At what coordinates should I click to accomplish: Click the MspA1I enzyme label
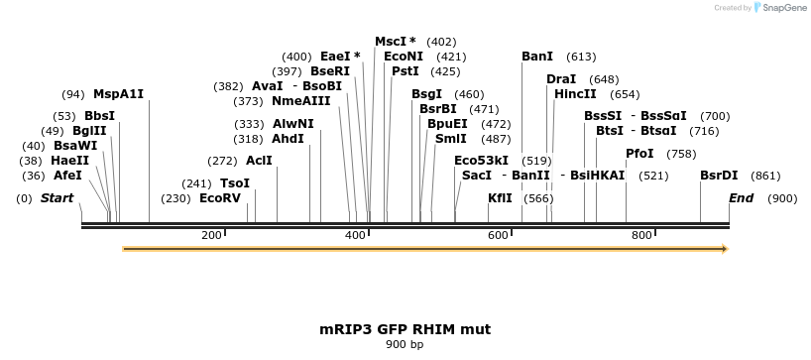[x=118, y=94]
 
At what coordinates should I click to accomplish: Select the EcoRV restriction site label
[x=220, y=198]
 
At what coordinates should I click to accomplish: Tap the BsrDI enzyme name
[x=719, y=175]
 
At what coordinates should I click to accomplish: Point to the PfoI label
[x=639, y=154]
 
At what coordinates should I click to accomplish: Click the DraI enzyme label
[x=561, y=79]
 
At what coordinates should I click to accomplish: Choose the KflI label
[x=500, y=198]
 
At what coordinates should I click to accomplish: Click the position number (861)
[x=765, y=176]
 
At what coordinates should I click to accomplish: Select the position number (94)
[x=73, y=95]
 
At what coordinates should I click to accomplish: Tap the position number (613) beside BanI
[x=581, y=57]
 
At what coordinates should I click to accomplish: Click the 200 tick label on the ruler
[x=211, y=235]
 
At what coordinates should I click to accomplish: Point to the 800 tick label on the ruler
[x=641, y=235]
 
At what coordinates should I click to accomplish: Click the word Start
[x=57, y=198]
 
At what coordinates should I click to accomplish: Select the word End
[x=741, y=198]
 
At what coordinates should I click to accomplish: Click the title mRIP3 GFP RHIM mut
[x=405, y=328]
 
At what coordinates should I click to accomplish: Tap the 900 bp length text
[x=405, y=345]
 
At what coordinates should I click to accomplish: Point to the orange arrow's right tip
[x=727, y=249]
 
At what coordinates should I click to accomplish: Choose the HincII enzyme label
[x=575, y=94]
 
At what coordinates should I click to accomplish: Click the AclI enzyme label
[x=259, y=161]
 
